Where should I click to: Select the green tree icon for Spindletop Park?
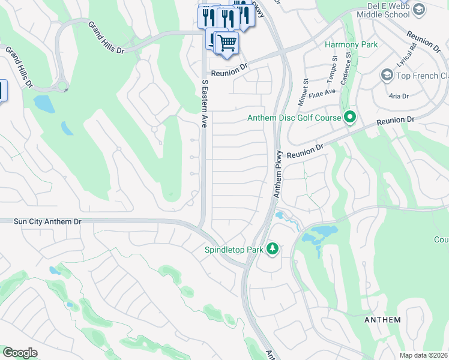273,248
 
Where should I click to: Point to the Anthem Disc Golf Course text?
294,118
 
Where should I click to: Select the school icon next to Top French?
387,75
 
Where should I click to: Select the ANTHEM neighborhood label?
382,320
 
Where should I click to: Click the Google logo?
20,353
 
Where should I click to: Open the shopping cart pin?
227,43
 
